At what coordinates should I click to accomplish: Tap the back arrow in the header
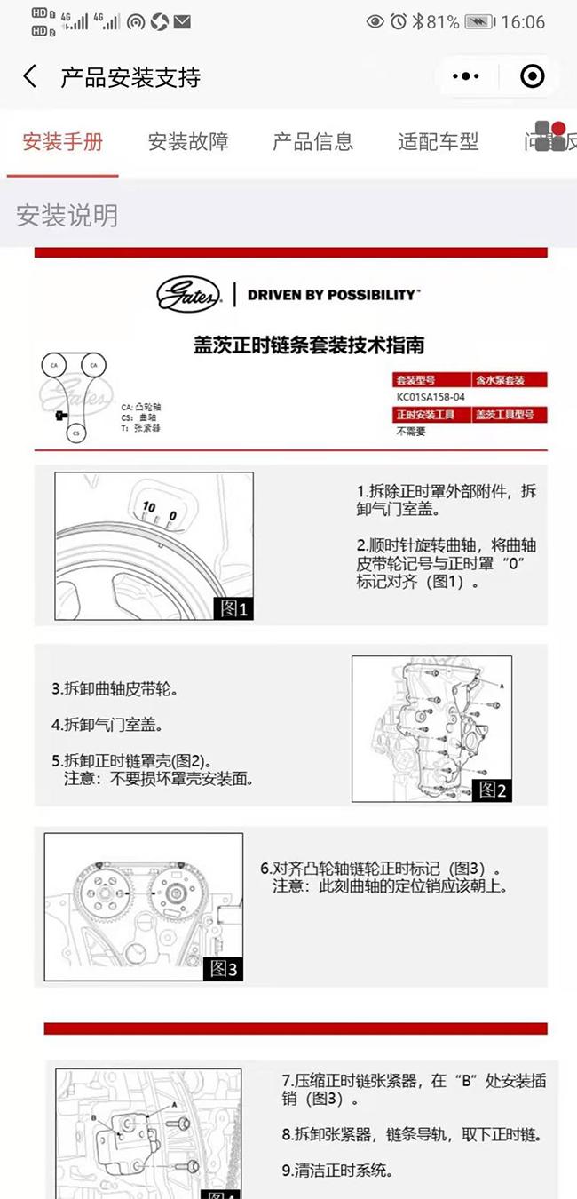tap(30, 76)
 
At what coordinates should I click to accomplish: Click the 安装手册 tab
tap(62, 141)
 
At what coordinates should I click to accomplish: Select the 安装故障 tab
tap(188, 141)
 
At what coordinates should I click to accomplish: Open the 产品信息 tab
tap(312, 141)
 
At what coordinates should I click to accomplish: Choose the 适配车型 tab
tap(438, 141)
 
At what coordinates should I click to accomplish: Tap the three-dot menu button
tap(466, 77)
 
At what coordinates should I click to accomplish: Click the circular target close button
tap(532, 77)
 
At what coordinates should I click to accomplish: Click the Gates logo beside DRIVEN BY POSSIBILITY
tap(188, 295)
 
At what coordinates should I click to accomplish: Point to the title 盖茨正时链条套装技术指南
tap(308, 345)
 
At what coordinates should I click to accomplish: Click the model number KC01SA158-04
tap(431, 397)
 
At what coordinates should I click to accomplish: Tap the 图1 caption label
tap(233, 608)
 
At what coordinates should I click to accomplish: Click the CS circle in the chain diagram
tap(76, 433)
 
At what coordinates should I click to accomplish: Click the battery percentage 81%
tap(442, 22)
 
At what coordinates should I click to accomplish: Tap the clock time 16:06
tap(523, 22)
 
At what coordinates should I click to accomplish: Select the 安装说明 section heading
tap(67, 216)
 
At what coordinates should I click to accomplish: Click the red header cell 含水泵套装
tap(500, 379)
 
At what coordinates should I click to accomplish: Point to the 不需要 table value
tap(411, 432)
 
